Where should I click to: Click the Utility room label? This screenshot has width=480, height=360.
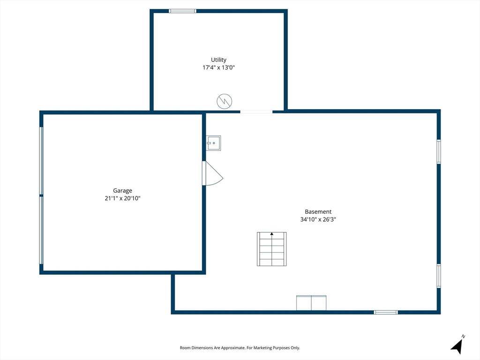(x=218, y=60)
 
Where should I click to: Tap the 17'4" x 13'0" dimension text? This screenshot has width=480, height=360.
(x=218, y=67)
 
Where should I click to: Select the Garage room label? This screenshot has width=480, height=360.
(x=122, y=191)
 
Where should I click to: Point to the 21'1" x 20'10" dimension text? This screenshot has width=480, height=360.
(x=122, y=198)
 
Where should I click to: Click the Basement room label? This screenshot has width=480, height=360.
(x=318, y=212)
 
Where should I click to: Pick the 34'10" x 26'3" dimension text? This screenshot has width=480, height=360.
(x=318, y=219)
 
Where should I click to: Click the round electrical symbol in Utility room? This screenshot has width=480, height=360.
(x=225, y=101)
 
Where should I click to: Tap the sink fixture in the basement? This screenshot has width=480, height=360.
(x=213, y=143)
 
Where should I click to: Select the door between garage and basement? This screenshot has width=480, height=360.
(x=212, y=173)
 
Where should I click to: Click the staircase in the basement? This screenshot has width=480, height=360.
(x=271, y=249)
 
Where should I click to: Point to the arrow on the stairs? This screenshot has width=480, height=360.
(x=271, y=234)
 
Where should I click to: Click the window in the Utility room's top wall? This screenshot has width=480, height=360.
(x=182, y=11)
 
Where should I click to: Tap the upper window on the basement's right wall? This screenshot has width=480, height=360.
(x=439, y=151)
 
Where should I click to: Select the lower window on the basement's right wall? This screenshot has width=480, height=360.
(x=439, y=276)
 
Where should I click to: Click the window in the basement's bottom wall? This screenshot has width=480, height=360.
(x=386, y=312)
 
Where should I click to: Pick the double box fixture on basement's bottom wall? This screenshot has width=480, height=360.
(x=311, y=303)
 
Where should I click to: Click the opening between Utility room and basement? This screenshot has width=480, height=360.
(x=256, y=112)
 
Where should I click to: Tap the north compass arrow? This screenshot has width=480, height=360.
(x=457, y=346)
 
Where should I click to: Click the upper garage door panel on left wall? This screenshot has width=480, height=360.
(x=41, y=161)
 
